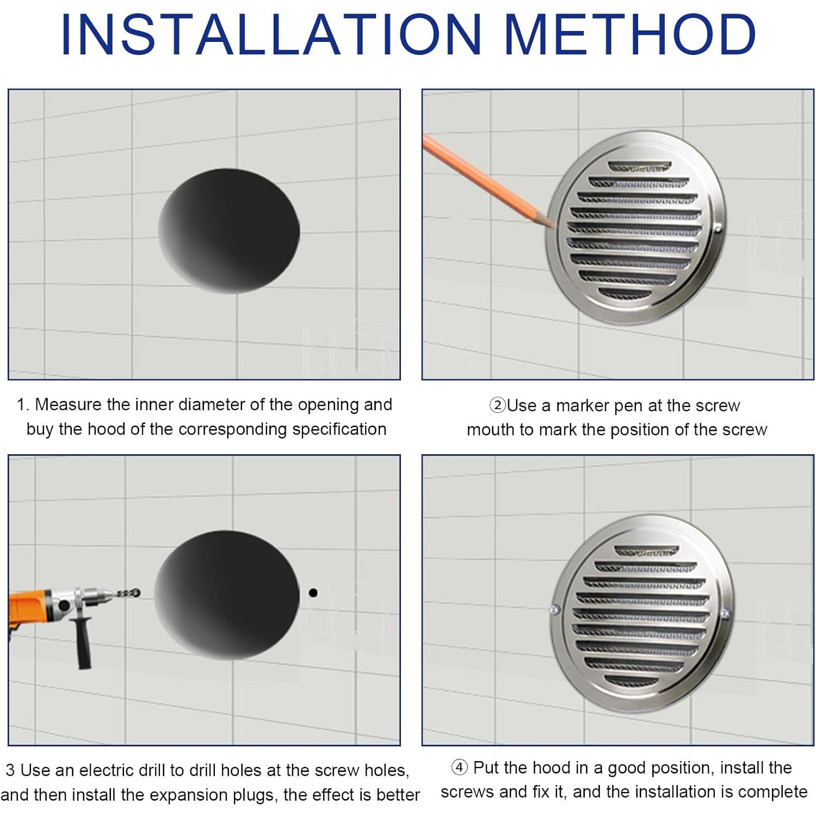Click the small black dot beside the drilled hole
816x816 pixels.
pos(313,592)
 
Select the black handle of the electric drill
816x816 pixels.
pos(83,645)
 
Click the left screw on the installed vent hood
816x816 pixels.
pos(554,609)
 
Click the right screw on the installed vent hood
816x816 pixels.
pos(725,614)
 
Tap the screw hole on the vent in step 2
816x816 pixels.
pos(718,229)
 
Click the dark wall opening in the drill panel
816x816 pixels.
pos(227,595)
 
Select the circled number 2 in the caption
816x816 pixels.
pos(497,405)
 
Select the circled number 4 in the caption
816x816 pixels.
pos(460,767)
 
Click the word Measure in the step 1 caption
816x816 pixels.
pos(68,404)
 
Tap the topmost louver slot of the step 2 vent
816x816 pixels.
pos(639,166)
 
